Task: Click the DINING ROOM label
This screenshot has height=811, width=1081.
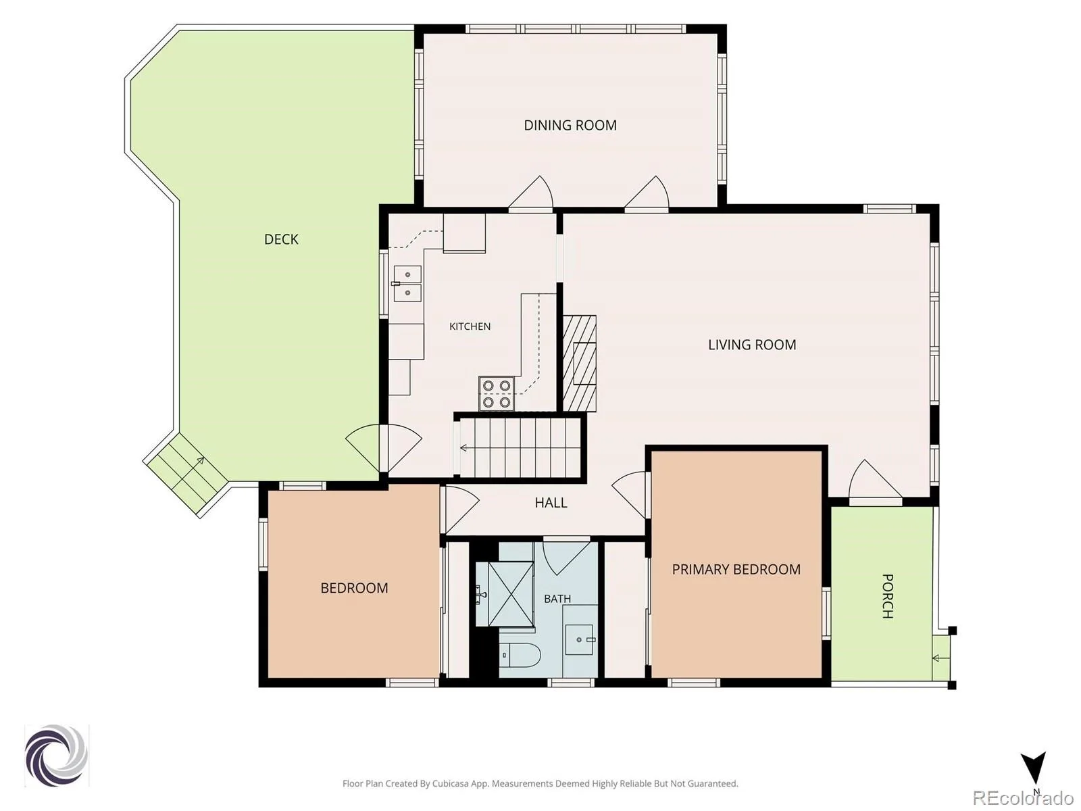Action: [x=570, y=126]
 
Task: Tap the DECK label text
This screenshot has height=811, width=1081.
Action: [x=281, y=239]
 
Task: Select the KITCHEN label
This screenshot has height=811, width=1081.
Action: [x=470, y=326]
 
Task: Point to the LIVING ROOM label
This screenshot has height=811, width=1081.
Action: [x=752, y=345]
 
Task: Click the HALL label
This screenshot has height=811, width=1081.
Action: [x=551, y=503]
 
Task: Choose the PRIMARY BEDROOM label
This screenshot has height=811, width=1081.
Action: [x=736, y=569]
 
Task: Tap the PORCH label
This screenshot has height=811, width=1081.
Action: [x=887, y=596]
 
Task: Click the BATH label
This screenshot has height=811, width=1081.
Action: [x=557, y=599]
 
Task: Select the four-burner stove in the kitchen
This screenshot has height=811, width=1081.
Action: [x=497, y=393]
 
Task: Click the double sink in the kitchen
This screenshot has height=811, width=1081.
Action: [x=407, y=284]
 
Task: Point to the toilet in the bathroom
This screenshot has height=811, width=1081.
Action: [x=520, y=656]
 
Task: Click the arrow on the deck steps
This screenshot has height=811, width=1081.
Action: [x=188, y=470]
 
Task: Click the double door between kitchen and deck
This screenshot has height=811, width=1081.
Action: [x=384, y=447]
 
